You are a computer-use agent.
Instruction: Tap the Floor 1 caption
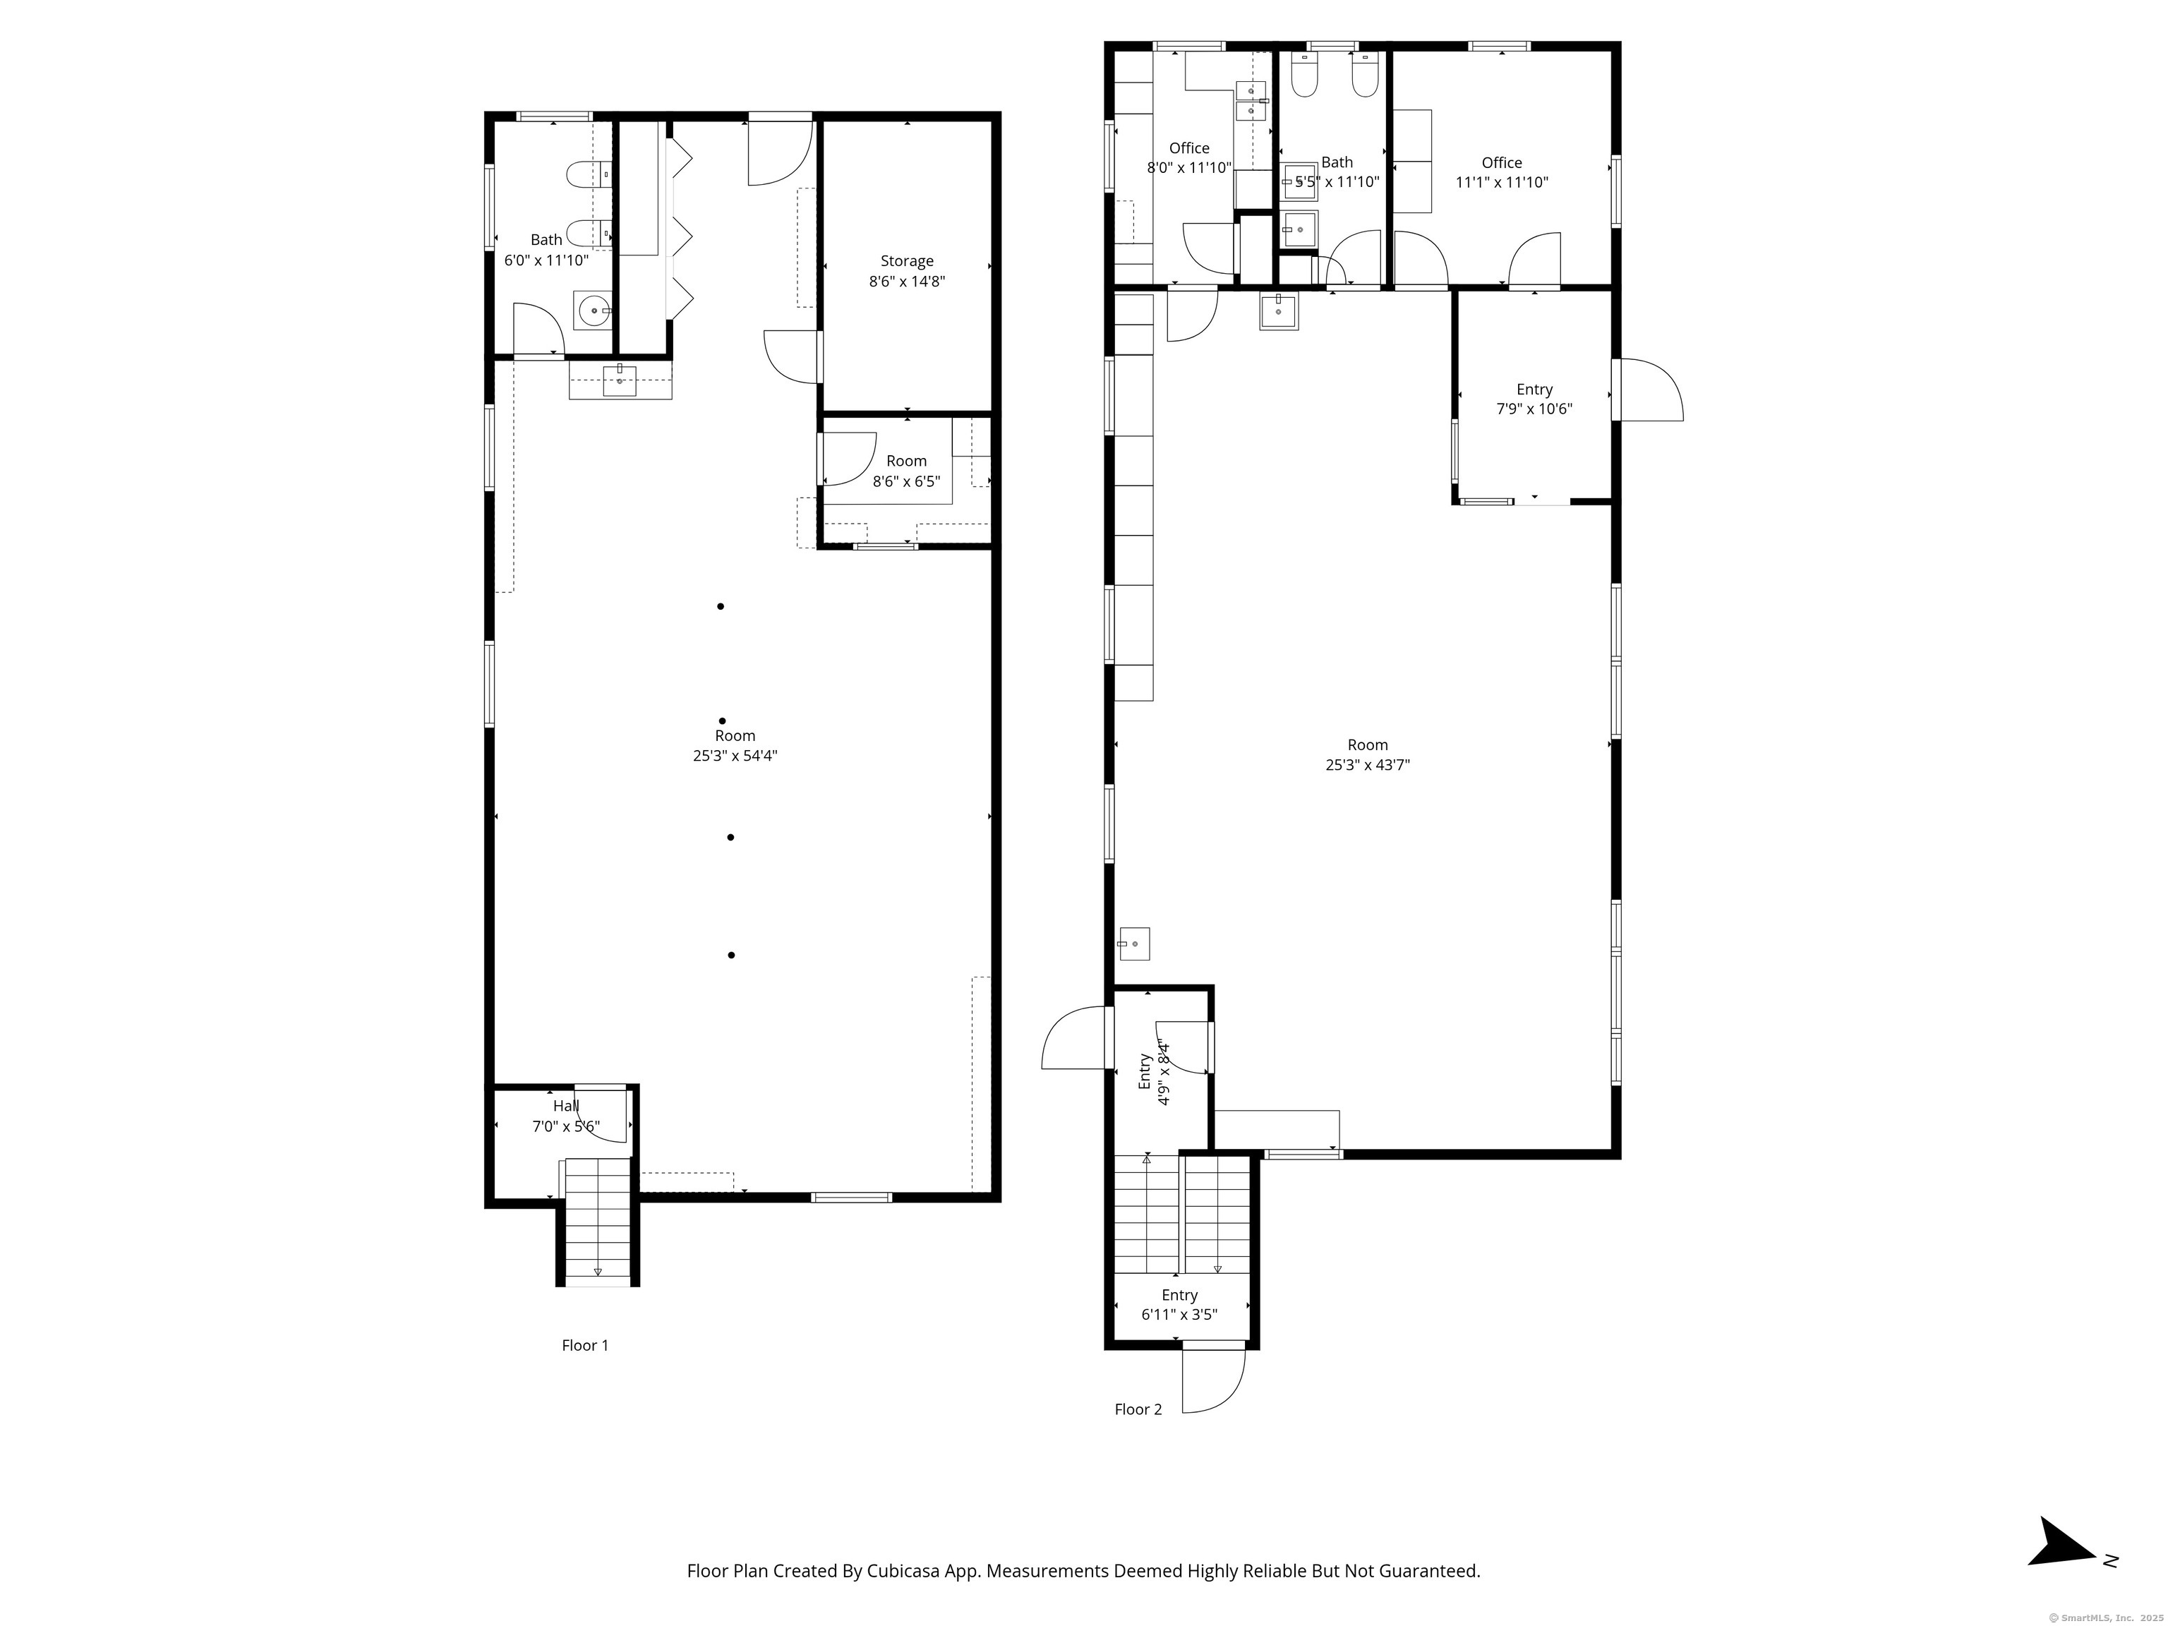click(585, 1344)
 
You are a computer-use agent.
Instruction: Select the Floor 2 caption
click(1138, 1409)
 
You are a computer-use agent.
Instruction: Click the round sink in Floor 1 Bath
click(593, 311)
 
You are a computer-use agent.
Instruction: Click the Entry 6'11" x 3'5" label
click(1179, 1304)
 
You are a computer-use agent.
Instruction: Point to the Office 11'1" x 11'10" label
click(1502, 172)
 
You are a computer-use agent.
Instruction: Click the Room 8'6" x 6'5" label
click(907, 471)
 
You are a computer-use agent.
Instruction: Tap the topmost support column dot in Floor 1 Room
click(721, 606)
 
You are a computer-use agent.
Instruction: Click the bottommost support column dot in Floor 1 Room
click(731, 955)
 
